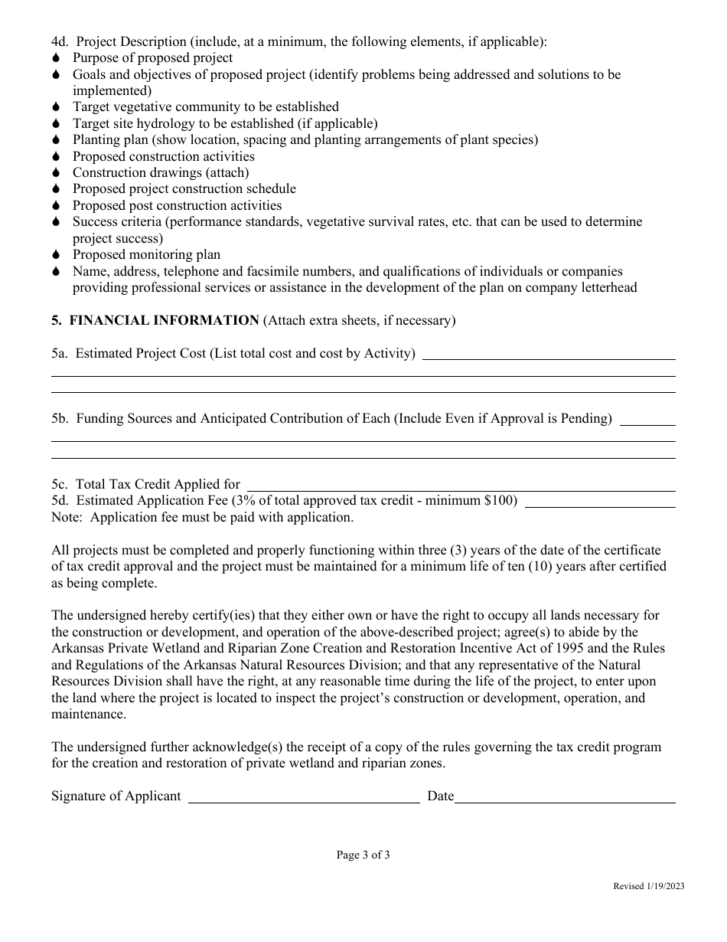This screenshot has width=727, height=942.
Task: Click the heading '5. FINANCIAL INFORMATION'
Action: (155, 321)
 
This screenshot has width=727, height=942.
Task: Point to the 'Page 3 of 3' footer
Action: (363, 855)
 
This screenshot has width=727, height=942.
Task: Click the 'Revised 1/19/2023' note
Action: (649, 886)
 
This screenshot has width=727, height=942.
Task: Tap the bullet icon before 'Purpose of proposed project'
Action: (56, 58)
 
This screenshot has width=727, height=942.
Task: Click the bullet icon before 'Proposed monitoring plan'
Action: (56, 255)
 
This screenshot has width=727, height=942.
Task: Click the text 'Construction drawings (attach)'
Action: (161, 172)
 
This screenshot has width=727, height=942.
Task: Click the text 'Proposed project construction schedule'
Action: (184, 189)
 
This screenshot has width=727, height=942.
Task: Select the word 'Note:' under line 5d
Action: (67, 518)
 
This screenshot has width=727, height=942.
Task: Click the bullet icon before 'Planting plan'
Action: (56, 140)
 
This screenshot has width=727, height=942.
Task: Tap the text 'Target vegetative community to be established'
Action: (206, 107)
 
